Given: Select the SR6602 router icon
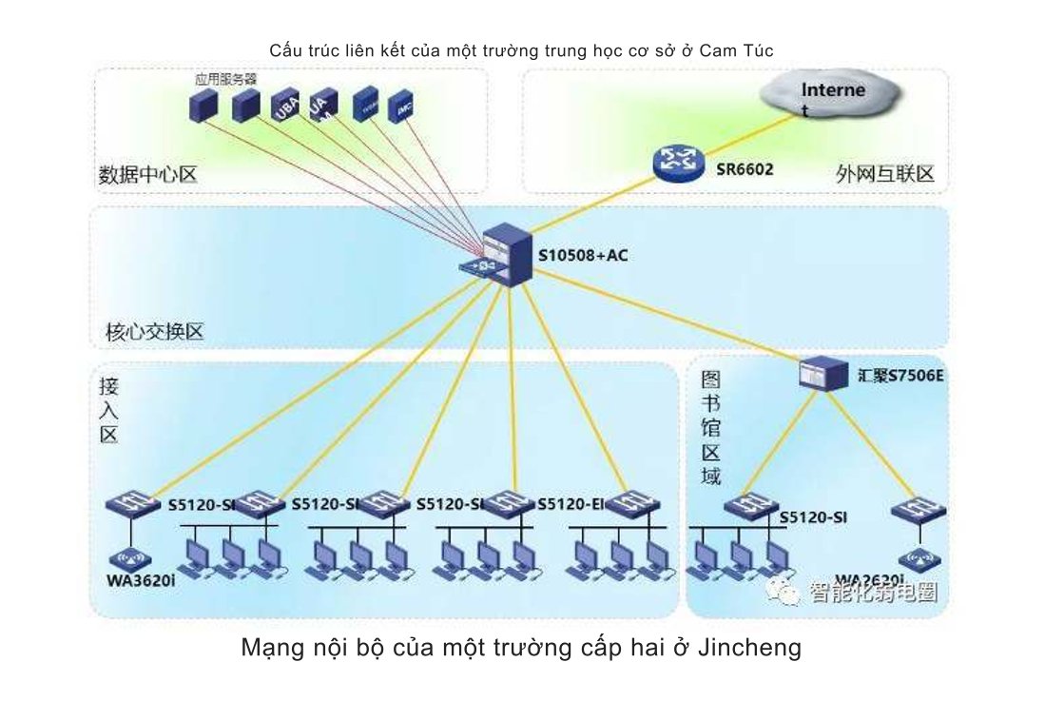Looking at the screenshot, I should click(678, 164).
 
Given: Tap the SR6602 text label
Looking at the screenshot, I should click(744, 170).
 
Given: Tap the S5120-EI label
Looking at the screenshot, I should click(571, 503).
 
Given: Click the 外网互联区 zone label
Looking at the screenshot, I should click(885, 174).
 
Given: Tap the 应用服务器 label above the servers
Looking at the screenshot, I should click(221, 81).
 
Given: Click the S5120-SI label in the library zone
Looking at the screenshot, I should click(813, 517).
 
